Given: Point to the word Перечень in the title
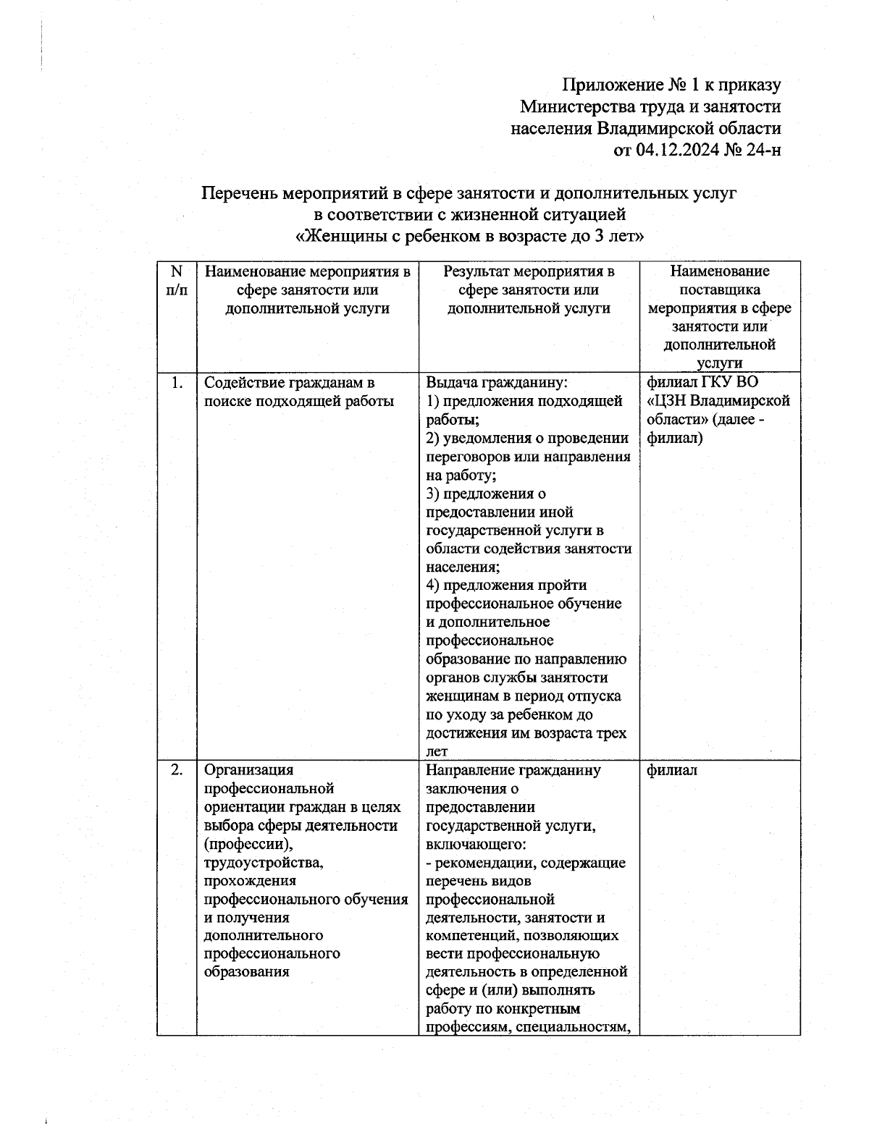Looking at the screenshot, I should point(239,193).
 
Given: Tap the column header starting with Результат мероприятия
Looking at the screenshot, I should point(529,290).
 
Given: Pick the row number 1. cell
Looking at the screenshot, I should point(176,383).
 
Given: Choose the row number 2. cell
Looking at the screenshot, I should point(176,769).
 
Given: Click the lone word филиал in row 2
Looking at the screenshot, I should point(672,770).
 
